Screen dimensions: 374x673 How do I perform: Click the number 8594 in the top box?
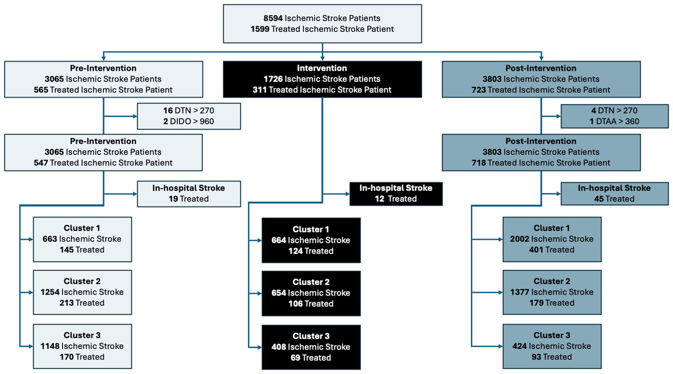point(273,18)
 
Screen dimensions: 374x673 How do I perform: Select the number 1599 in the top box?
point(260,29)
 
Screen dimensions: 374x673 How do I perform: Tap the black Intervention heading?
point(322,68)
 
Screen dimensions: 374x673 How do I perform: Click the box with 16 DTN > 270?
point(189,116)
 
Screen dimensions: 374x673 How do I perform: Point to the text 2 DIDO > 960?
point(189,121)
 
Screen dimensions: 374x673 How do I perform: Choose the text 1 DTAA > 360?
point(614,121)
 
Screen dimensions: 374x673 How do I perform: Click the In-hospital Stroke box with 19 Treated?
point(189,194)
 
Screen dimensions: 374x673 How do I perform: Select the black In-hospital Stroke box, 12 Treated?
point(395,194)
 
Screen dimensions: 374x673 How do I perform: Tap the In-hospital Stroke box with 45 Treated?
point(614,194)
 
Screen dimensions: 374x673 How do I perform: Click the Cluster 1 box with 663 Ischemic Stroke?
point(82,239)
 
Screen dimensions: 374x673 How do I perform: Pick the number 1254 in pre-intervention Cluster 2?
point(50,292)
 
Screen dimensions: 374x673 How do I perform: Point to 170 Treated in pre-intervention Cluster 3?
point(82,357)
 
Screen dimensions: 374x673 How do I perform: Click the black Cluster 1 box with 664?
point(311,240)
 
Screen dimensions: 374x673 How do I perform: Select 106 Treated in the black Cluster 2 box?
point(311,304)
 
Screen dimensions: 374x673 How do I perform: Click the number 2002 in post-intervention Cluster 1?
point(519,239)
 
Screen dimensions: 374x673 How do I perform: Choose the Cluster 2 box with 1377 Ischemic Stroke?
point(552,292)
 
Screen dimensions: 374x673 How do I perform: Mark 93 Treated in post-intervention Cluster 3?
point(552,357)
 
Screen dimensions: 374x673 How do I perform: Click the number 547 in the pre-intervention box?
point(41,163)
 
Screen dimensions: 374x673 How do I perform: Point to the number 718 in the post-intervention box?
point(479,163)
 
